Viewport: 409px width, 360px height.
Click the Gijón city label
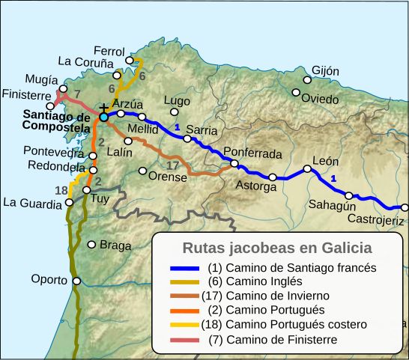325,71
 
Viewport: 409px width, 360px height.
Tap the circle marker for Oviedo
296,93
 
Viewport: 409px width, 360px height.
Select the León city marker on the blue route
306,168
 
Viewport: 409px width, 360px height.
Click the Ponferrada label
253,154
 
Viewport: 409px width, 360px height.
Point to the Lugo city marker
175,112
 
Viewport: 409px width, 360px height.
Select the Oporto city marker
76,281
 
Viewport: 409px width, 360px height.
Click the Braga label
115,245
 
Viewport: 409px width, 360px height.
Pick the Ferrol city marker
130,60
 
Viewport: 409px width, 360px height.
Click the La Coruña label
85,61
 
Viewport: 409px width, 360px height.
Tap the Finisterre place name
27,96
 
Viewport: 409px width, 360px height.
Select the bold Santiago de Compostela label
57,121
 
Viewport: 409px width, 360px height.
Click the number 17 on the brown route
172,165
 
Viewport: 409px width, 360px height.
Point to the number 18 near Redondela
61,189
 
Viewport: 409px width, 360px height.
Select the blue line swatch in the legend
184,267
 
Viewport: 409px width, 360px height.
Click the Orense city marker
143,171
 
